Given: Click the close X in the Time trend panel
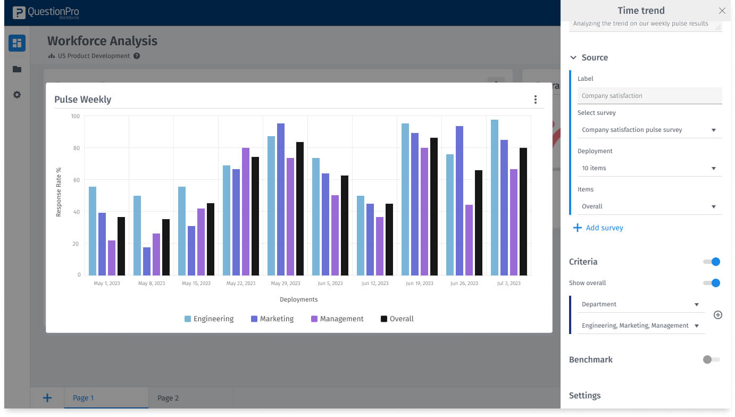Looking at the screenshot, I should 722,11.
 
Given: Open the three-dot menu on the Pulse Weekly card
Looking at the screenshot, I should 535,99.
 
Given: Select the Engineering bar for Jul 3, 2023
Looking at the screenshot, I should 495,197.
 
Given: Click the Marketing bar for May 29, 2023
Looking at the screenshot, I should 281,199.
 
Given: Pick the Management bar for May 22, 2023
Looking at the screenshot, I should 246,212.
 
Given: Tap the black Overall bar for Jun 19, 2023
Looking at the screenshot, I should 434,206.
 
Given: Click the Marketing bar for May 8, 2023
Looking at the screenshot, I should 147,261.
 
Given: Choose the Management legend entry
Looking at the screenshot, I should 337,319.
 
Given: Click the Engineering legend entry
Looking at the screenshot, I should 209,319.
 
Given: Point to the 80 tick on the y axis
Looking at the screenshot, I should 76,148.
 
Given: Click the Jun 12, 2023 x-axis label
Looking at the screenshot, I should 375,283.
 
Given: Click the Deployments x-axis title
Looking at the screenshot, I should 298,299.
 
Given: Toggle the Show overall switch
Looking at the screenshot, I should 712,283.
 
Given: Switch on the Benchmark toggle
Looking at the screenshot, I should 711,360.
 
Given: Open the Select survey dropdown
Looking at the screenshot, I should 649,130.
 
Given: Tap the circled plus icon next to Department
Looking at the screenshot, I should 717,315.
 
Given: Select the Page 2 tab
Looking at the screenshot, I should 168,398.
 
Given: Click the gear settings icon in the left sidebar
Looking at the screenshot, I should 17,95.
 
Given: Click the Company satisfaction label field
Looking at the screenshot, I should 649,96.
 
